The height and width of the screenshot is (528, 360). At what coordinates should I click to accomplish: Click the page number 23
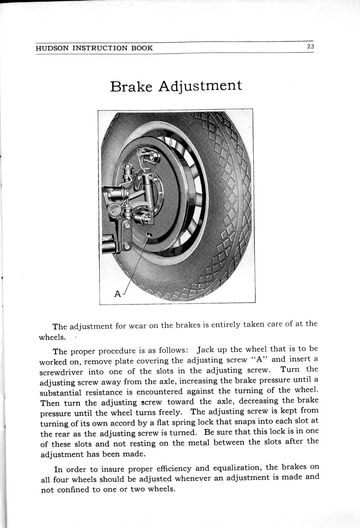click(310, 47)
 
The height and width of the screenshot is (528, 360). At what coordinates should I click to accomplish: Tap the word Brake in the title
click(131, 87)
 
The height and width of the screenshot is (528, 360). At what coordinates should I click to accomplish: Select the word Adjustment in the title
click(200, 86)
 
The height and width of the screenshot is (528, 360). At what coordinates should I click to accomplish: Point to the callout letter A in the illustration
click(118, 294)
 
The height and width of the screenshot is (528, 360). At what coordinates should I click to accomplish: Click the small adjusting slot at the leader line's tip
click(149, 235)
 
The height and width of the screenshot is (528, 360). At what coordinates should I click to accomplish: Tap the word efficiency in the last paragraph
click(172, 469)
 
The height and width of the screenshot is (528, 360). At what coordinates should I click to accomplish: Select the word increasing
click(206, 381)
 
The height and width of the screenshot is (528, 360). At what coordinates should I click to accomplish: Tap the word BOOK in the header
click(142, 48)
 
